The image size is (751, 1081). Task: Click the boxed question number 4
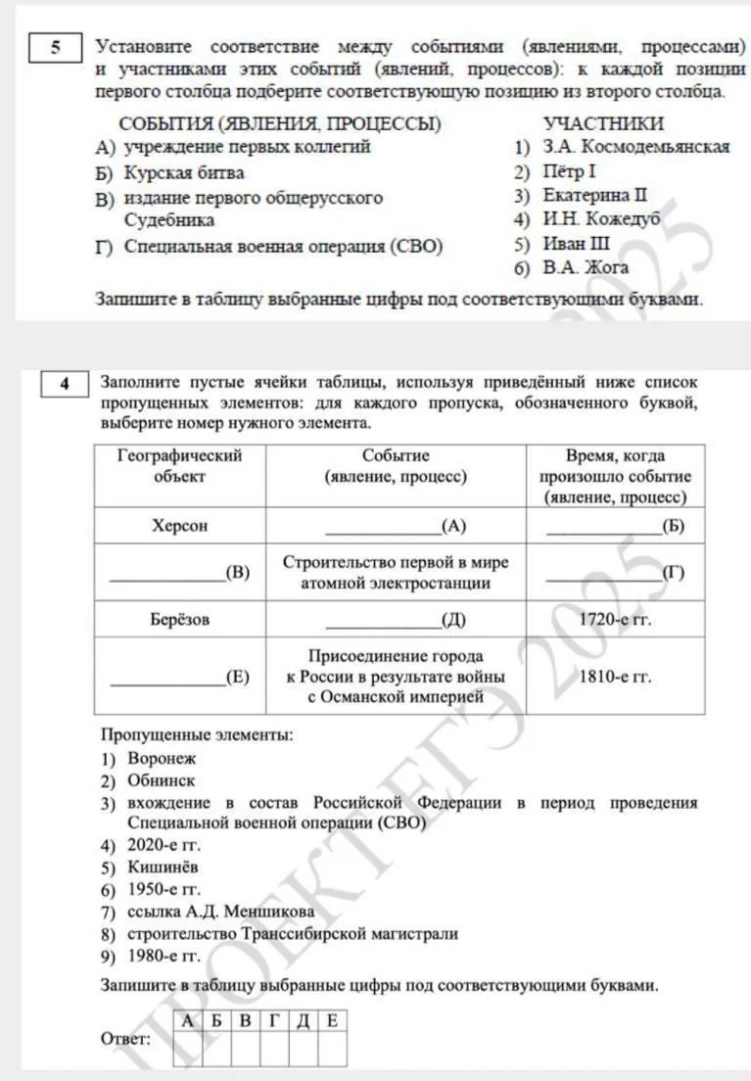click(x=64, y=384)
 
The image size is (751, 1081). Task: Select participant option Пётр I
click(x=569, y=171)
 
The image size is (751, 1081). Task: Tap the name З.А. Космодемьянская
click(x=635, y=147)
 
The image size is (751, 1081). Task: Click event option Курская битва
click(x=184, y=172)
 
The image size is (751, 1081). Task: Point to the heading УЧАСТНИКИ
click(x=603, y=123)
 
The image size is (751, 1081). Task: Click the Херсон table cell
click(x=180, y=526)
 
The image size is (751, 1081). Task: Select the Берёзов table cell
click(x=180, y=620)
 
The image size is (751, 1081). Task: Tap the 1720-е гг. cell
click(x=615, y=620)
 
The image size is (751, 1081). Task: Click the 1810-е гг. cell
click(x=615, y=676)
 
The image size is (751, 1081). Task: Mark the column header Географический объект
click(x=180, y=466)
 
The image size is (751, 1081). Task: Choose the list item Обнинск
click(x=161, y=780)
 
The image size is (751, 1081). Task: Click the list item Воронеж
click(x=162, y=758)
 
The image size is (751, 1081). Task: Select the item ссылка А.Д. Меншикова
click(x=221, y=912)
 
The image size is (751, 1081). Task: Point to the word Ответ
click(x=125, y=1037)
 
